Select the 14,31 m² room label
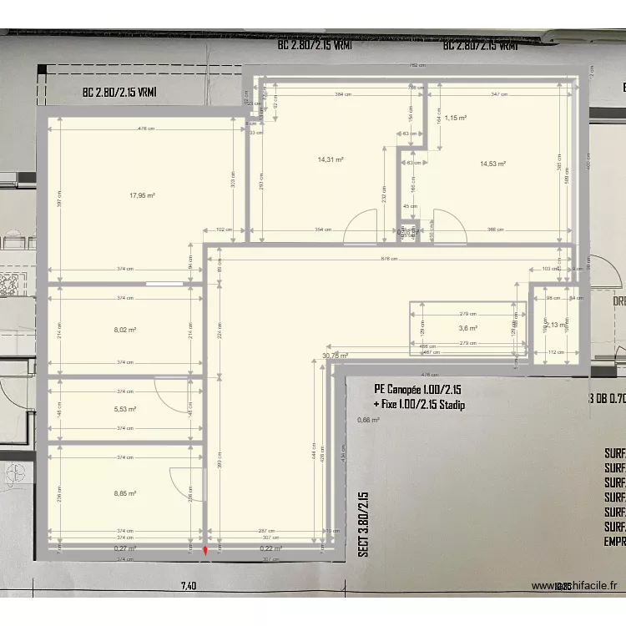(x=331, y=159)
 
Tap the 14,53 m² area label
(x=492, y=164)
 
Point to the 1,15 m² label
(x=455, y=118)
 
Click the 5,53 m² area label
(x=125, y=409)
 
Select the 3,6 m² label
(x=466, y=328)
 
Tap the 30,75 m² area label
(x=335, y=355)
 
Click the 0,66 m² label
(x=368, y=420)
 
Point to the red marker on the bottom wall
(x=206, y=551)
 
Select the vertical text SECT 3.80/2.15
(x=363, y=524)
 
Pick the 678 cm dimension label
(x=389, y=258)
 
